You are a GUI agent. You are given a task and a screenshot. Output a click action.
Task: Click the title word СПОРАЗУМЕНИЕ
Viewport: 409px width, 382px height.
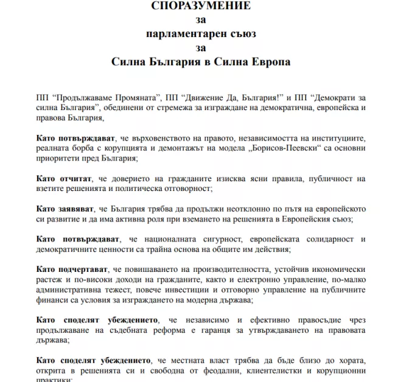pyautogui.click(x=201, y=5)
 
